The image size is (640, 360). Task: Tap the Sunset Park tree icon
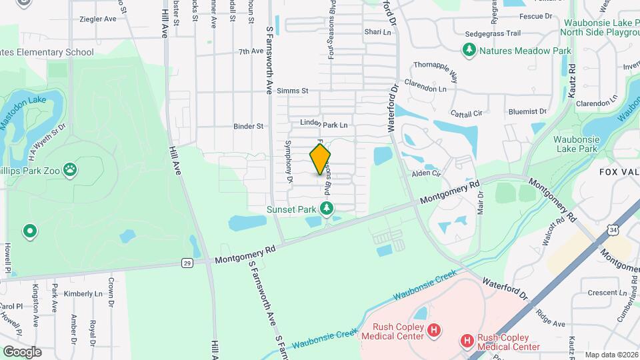point(327,209)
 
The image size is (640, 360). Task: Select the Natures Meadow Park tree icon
point(470,50)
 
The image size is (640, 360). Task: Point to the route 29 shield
point(188,263)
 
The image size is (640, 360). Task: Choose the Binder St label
point(249,126)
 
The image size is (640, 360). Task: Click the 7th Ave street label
point(251,51)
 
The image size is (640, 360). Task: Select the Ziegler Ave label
point(97,19)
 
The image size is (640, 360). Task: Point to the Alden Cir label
point(427,173)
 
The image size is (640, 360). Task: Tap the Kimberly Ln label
point(83,293)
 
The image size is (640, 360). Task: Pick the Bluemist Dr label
point(527,112)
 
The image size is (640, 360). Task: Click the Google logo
point(21,351)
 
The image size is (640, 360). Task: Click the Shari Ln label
point(377,32)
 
